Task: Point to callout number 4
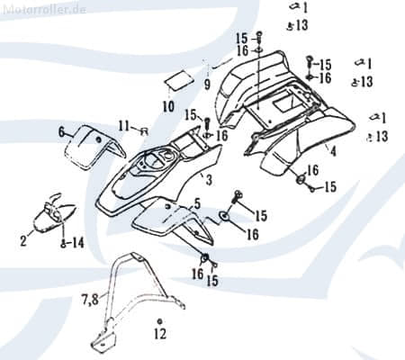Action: point(333,151)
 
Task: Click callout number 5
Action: point(197,204)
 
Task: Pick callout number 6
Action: point(61,132)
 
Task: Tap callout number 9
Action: point(206,85)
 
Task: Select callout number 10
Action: point(168,106)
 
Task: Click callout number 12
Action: point(159,334)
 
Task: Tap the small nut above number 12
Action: point(159,321)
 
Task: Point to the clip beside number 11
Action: point(142,130)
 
